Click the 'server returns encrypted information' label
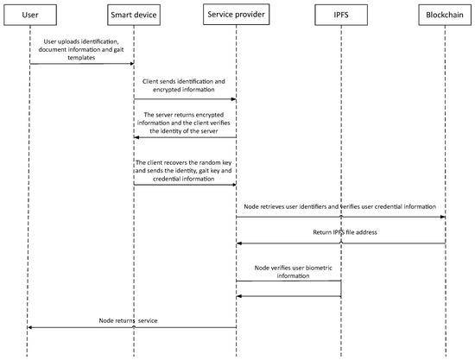pos(185,119)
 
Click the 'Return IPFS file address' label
pos(340,233)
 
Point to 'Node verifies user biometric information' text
pos(288,272)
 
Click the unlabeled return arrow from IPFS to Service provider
pos(288,297)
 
